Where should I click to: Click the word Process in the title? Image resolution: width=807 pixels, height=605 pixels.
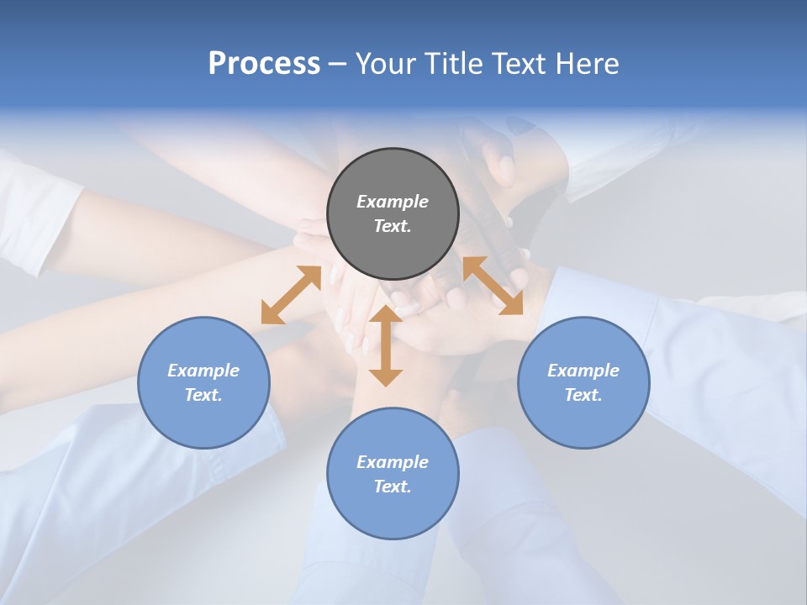[264, 64]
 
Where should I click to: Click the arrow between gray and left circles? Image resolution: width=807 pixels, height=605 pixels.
[291, 295]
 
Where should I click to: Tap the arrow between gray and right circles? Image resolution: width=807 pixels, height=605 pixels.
[493, 286]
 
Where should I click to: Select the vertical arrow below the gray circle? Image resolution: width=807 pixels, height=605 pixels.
[386, 345]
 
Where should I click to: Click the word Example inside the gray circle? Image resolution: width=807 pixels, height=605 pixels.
[393, 202]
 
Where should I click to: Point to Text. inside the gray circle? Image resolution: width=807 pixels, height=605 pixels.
[393, 226]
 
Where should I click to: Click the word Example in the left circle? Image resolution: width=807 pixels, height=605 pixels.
[203, 371]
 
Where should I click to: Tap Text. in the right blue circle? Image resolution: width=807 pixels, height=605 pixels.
[583, 395]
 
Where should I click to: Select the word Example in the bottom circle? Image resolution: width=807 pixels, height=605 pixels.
[393, 462]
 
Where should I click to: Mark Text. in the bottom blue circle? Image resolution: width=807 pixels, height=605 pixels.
[393, 487]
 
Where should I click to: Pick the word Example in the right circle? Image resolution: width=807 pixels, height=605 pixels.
[583, 371]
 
